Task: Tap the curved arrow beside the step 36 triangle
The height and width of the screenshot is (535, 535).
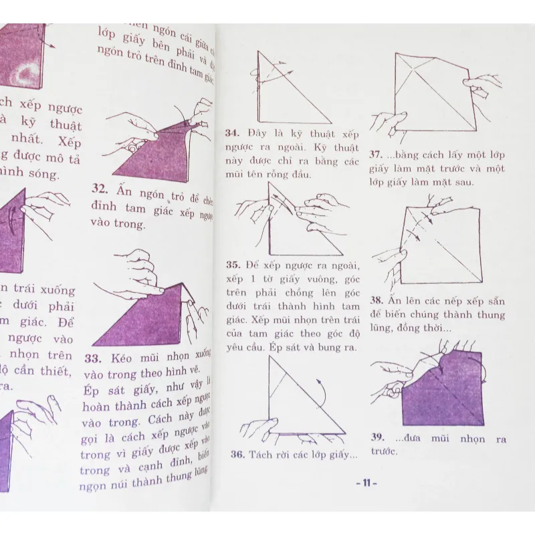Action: click(324, 388)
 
